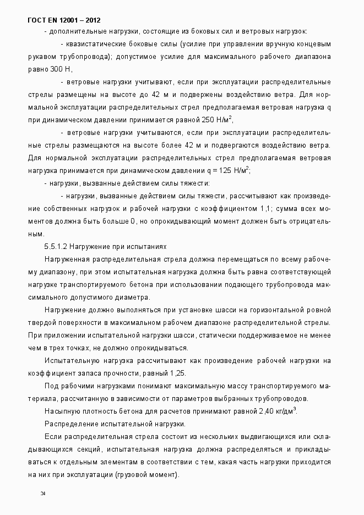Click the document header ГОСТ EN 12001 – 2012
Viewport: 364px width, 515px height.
point(64,20)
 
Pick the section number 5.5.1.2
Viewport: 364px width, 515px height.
point(56,246)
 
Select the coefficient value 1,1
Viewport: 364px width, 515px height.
point(264,209)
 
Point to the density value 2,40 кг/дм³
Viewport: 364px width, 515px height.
point(277,411)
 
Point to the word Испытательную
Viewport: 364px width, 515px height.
point(70,360)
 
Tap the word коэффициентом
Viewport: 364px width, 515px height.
point(227,209)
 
